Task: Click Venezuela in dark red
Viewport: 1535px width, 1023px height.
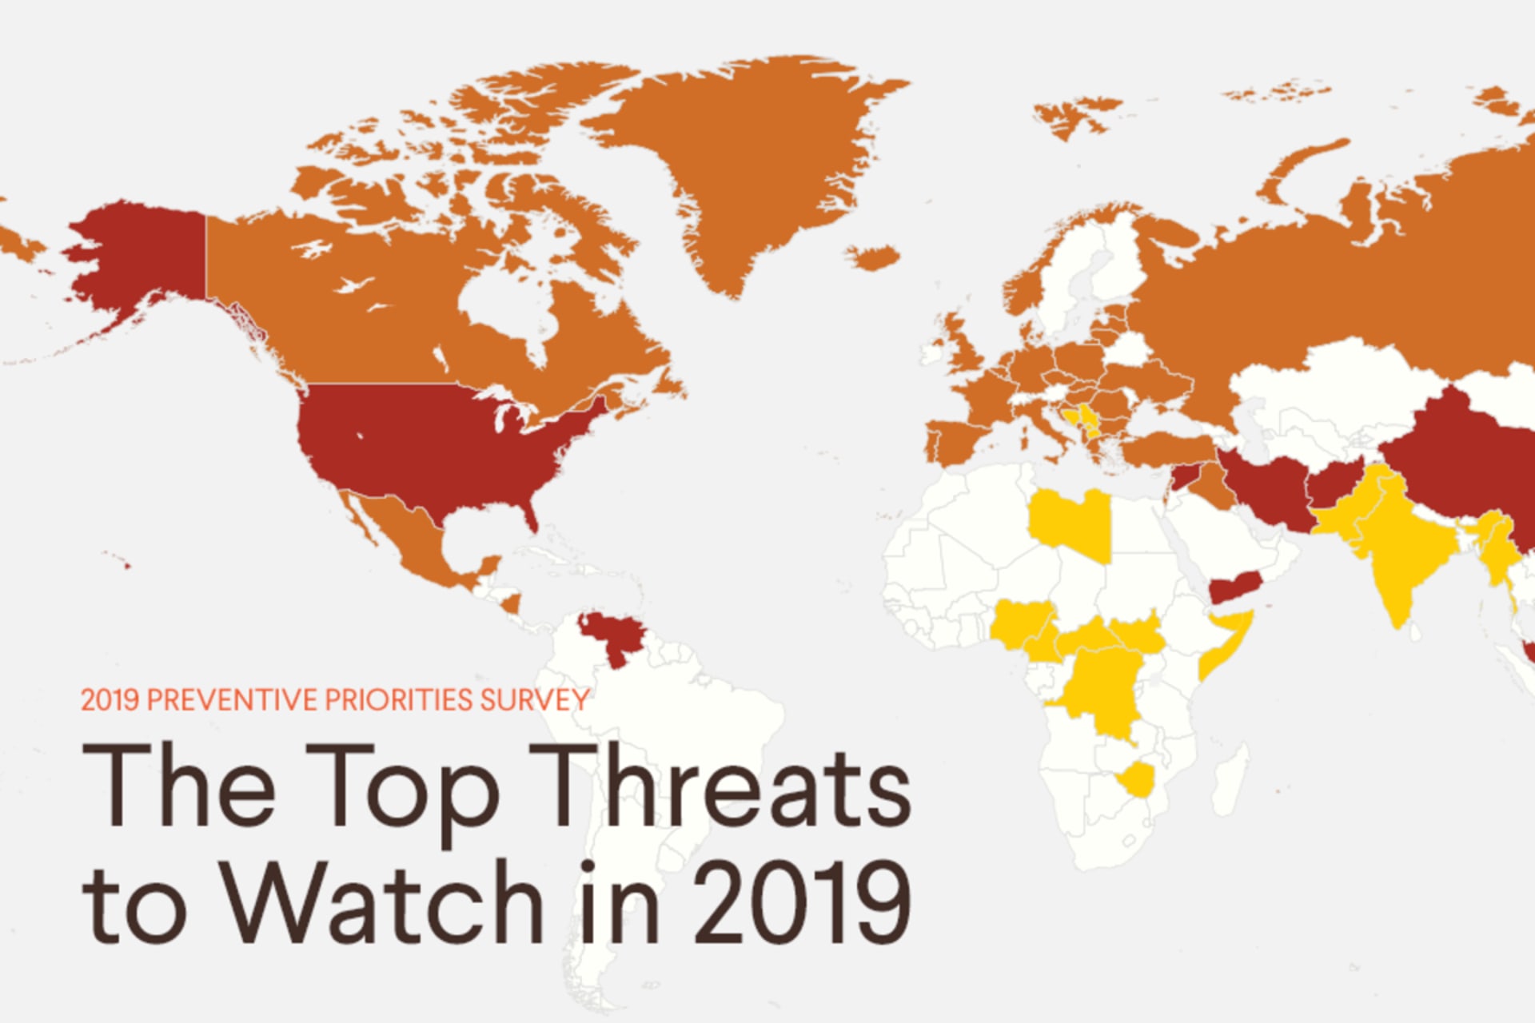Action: click(612, 635)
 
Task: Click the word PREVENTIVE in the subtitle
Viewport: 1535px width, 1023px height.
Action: click(232, 700)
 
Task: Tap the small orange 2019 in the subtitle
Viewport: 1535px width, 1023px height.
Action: click(110, 700)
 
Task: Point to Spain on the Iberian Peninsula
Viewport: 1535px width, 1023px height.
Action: click(955, 440)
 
